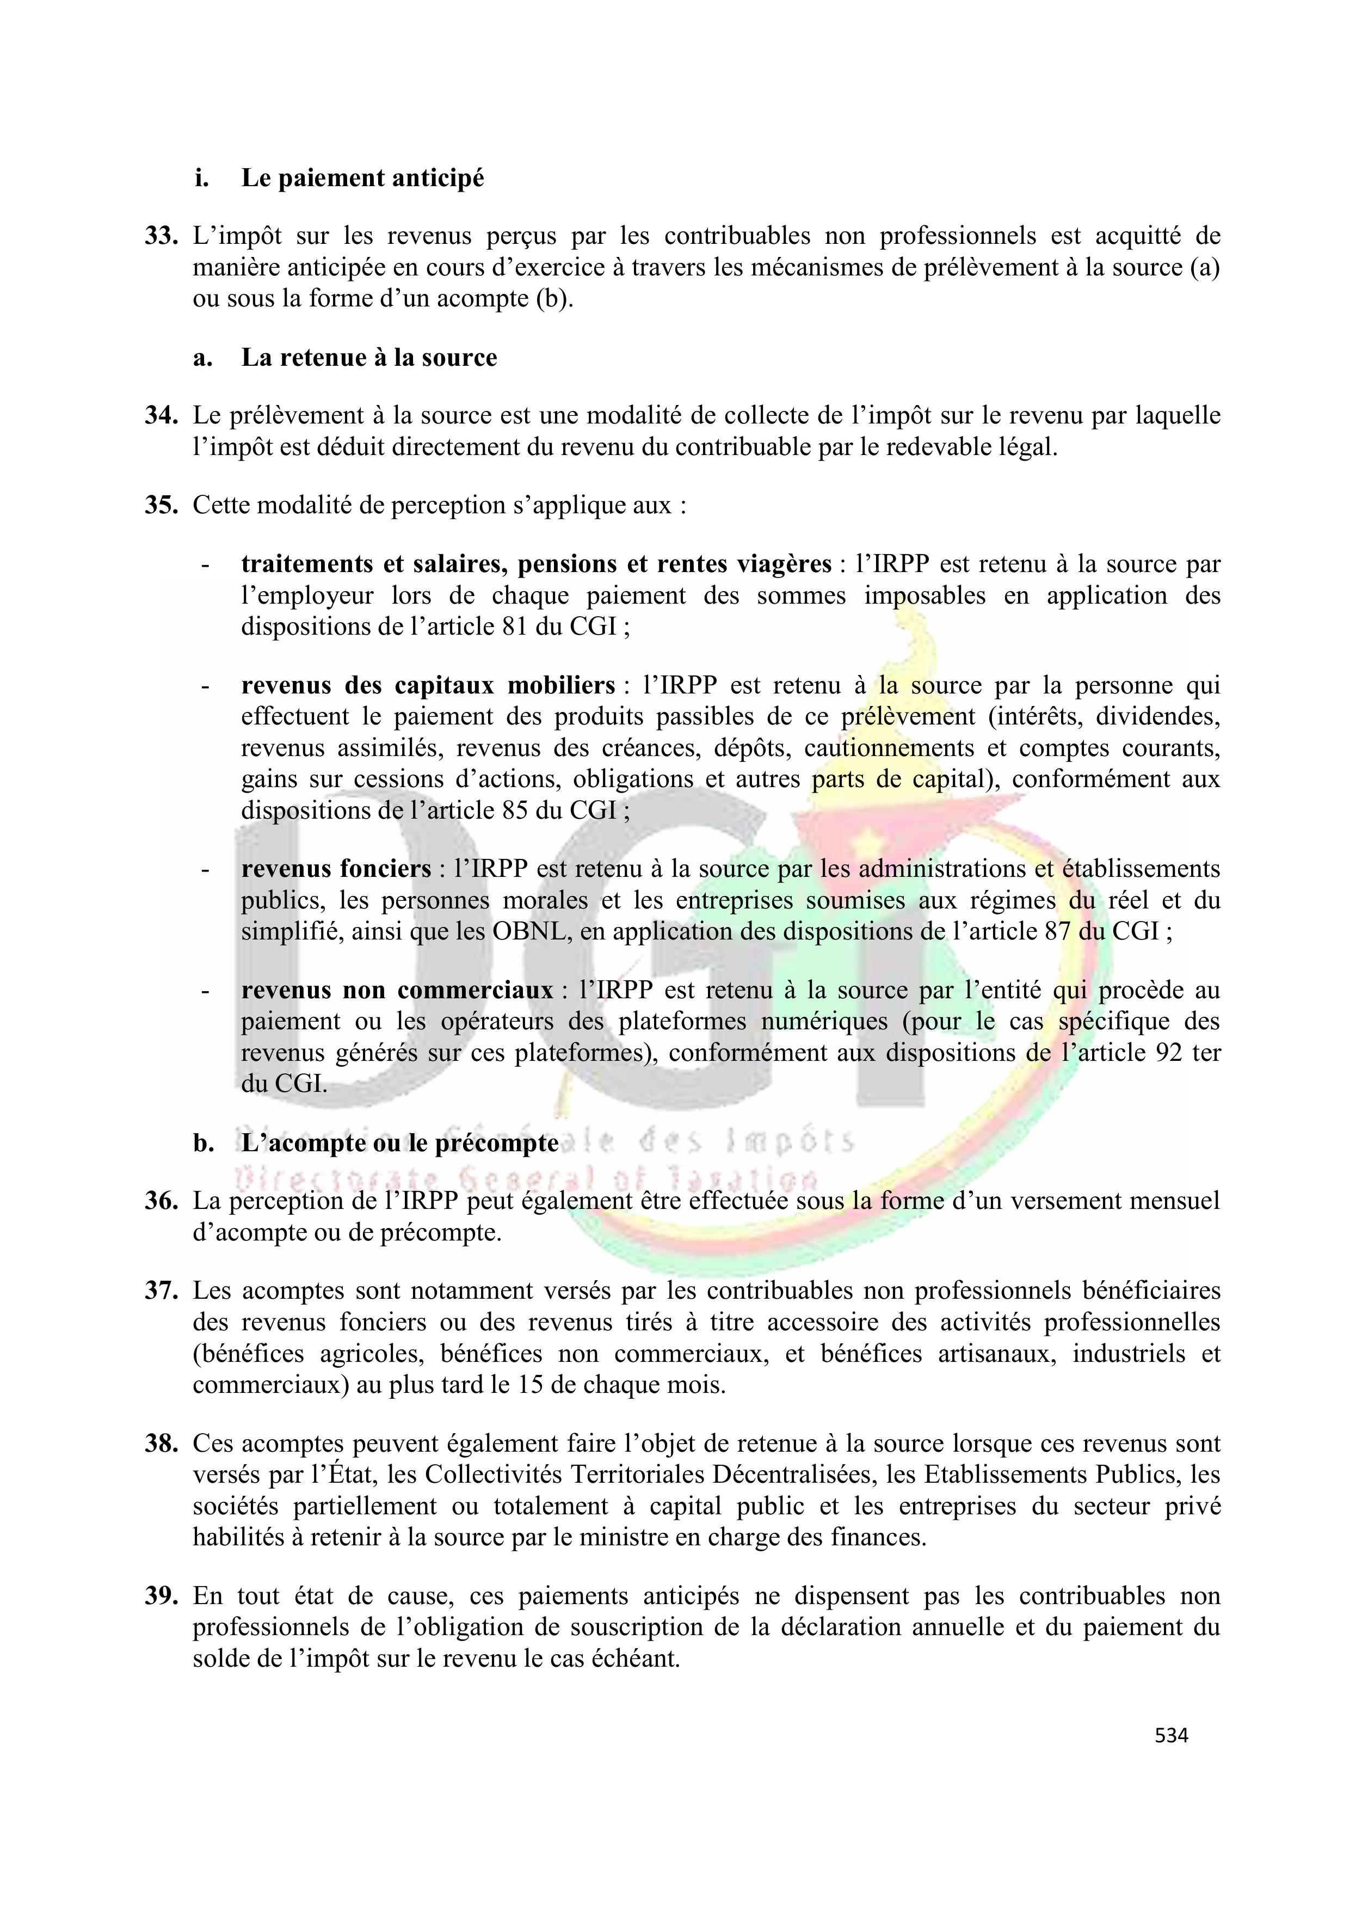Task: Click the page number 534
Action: [1171, 1735]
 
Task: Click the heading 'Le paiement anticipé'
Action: [362, 178]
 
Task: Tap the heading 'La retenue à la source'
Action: [369, 358]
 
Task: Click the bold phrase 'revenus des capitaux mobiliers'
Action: [428, 685]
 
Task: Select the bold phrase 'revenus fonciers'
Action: [336, 869]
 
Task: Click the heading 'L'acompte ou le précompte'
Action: [399, 1143]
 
